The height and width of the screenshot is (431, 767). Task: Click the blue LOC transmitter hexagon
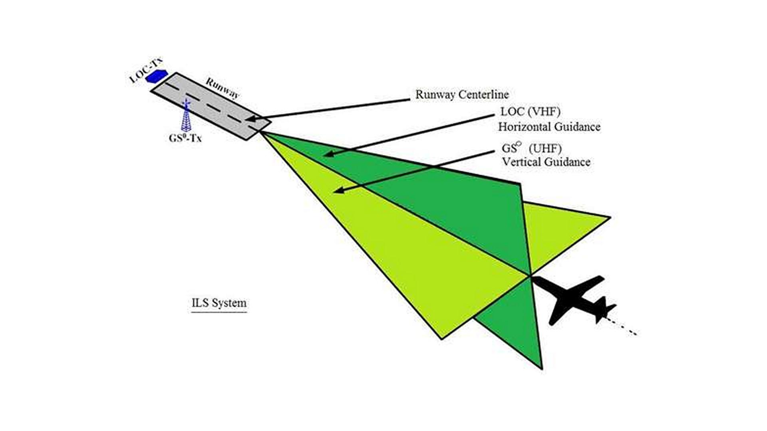point(156,76)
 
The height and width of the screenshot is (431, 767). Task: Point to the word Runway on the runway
point(223,88)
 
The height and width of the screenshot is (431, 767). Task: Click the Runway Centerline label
point(462,95)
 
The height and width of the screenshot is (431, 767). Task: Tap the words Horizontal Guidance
point(549,127)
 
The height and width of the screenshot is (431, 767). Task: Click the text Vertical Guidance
point(546,162)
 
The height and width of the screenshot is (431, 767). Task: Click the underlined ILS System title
point(219,303)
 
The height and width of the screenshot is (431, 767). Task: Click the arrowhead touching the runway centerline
point(250,119)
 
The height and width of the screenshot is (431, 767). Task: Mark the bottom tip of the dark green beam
point(542,369)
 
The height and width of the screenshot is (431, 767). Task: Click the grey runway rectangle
point(211,106)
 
